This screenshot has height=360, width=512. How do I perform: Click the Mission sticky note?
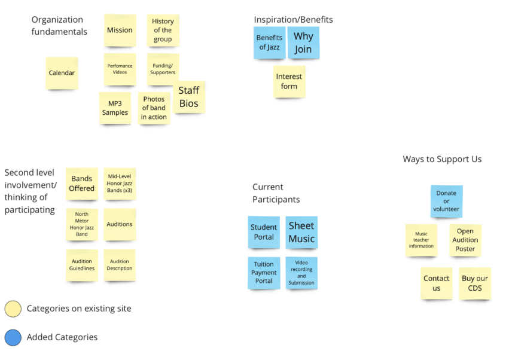pyautogui.click(x=120, y=30)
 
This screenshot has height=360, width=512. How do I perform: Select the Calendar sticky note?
pyautogui.click(x=62, y=73)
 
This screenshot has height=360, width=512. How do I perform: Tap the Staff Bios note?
pyautogui.click(x=189, y=97)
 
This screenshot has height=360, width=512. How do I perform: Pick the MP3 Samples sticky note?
pyautogui.click(x=115, y=108)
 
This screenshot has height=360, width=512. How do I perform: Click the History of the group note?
pyautogui.click(x=163, y=30)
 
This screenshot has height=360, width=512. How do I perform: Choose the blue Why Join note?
pyautogui.click(x=303, y=43)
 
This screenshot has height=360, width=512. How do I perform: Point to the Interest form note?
pyautogui.click(x=289, y=82)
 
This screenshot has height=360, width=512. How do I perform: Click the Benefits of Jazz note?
pyautogui.click(x=269, y=43)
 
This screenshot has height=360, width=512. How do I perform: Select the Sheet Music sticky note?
pyautogui.click(x=301, y=232)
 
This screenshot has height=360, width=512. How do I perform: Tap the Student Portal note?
pyautogui.click(x=264, y=232)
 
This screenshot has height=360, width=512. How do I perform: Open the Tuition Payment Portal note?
pyautogui.click(x=264, y=273)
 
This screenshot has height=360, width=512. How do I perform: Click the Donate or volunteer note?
pyautogui.click(x=446, y=202)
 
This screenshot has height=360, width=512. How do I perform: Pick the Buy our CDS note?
pyautogui.click(x=475, y=283)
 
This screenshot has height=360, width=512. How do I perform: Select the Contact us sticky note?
pyautogui.click(x=436, y=283)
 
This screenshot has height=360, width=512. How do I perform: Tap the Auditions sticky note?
pyautogui.click(x=120, y=224)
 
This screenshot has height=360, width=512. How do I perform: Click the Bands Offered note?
pyautogui.click(x=82, y=184)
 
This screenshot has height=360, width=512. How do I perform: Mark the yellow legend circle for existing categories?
pyautogui.click(x=13, y=309)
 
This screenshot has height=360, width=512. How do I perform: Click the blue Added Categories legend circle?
pyautogui.click(x=13, y=337)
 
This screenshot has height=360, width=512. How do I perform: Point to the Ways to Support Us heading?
pyautogui.click(x=442, y=159)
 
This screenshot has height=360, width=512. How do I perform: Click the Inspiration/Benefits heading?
pyautogui.click(x=293, y=20)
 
